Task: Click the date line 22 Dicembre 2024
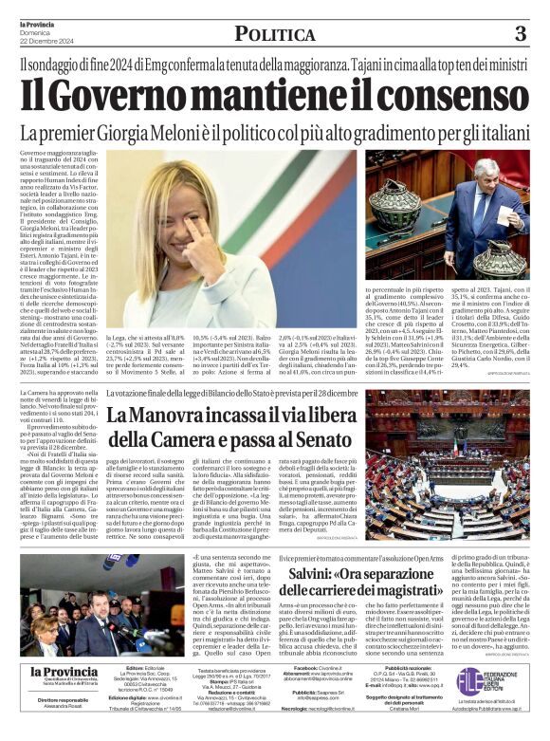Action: [x=47, y=39]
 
